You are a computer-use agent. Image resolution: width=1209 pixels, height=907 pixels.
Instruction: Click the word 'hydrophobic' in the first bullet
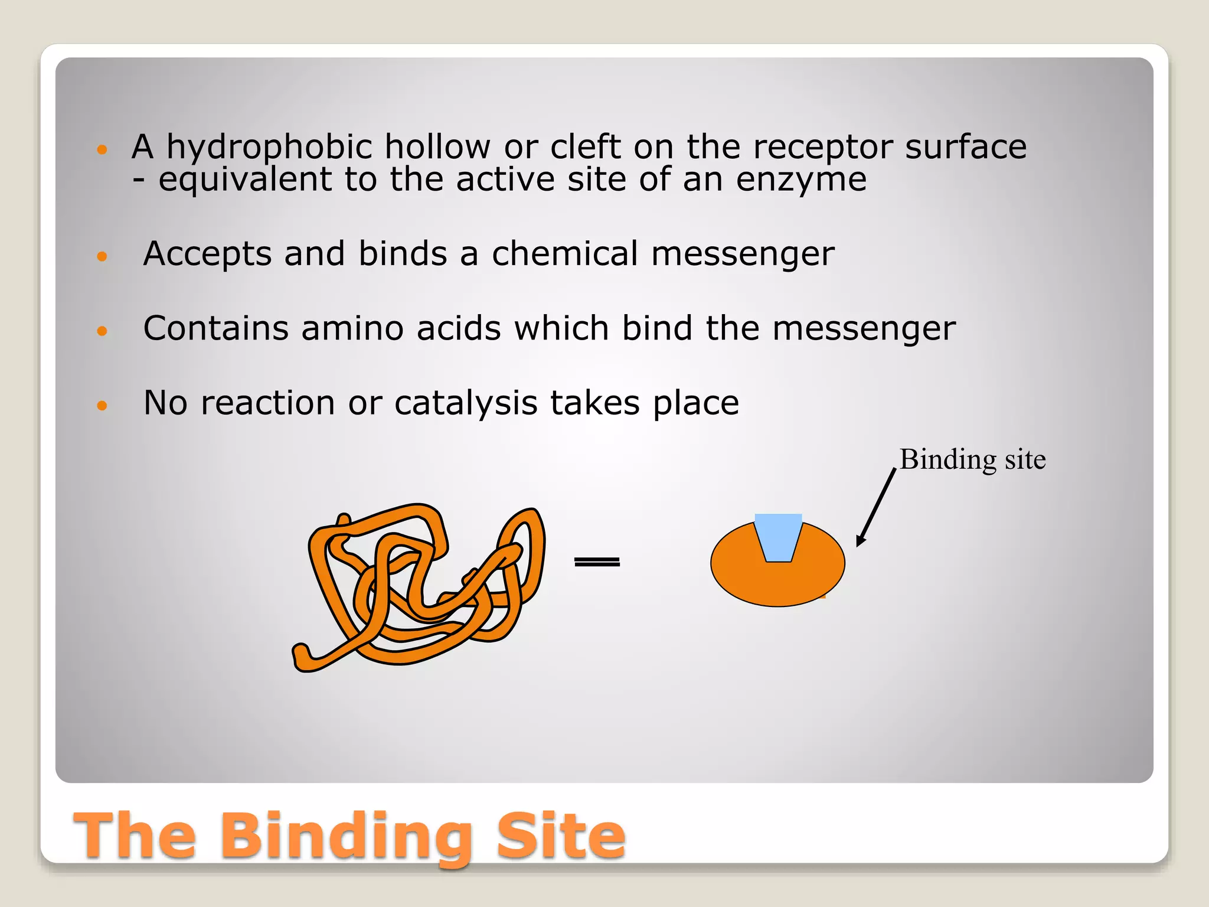point(269,147)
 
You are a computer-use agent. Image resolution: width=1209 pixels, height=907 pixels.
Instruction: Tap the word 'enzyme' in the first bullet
point(801,180)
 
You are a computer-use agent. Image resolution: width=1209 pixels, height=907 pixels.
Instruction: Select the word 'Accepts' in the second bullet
point(207,254)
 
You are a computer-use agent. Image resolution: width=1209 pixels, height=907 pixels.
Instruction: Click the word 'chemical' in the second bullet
point(565,254)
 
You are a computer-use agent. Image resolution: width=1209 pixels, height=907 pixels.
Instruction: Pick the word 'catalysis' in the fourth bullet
point(466,403)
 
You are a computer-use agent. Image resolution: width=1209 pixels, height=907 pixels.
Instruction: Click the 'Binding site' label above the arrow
point(972,459)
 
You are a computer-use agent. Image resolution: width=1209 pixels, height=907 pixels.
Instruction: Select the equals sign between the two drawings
point(597,562)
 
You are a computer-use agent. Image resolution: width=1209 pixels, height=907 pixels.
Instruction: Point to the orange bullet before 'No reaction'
point(102,406)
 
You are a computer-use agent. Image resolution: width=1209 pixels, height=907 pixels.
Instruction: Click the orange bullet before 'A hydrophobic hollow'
point(102,149)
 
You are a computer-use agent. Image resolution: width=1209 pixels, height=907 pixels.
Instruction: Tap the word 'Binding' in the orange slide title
point(347,836)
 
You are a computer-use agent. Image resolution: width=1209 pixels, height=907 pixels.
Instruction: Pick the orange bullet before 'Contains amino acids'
point(102,331)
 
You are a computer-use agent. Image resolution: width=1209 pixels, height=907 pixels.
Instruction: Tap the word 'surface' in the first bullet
point(966,147)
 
